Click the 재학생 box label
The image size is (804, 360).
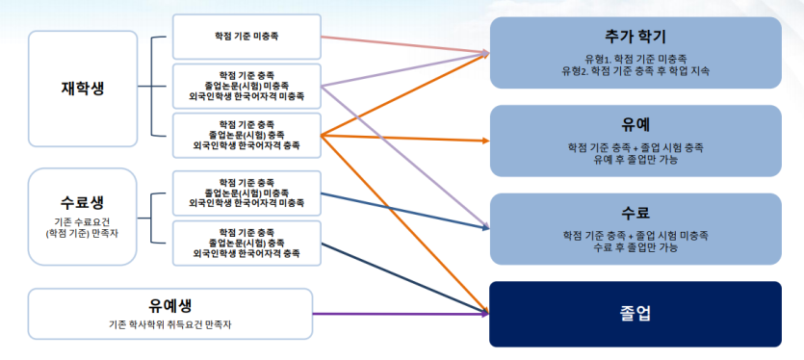(x=83, y=88)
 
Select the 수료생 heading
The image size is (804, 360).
(x=83, y=203)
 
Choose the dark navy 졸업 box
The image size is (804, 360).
(x=635, y=314)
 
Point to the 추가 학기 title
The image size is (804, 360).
(x=635, y=37)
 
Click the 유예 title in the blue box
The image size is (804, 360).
(x=635, y=125)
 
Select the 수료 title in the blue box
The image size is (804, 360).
(x=635, y=212)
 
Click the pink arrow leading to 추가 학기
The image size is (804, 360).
(x=404, y=44)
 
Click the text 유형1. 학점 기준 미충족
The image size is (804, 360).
(x=635, y=58)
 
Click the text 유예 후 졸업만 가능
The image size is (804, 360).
(x=635, y=160)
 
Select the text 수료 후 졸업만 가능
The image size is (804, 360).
(x=635, y=247)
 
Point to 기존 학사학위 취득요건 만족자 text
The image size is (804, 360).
(x=169, y=325)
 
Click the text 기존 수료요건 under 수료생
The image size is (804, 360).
(x=83, y=221)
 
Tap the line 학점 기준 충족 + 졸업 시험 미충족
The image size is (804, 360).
(x=635, y=235)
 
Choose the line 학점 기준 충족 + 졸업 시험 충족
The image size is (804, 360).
(x=635, y=147)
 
